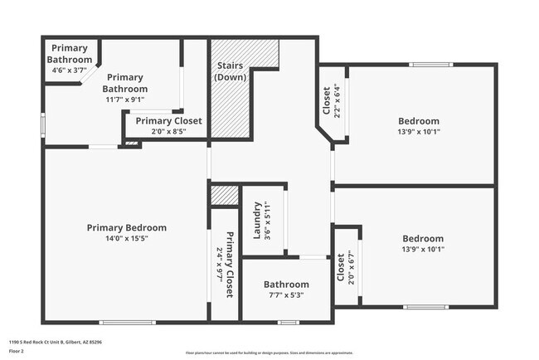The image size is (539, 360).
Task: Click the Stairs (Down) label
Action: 229,71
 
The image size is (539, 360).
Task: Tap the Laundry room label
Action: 258,220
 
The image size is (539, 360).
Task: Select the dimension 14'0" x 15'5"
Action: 127,239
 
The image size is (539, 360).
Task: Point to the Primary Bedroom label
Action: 127,227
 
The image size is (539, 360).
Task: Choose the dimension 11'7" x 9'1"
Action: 125,100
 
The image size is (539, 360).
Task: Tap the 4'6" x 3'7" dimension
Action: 67,71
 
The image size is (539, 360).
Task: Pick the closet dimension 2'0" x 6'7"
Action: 352,268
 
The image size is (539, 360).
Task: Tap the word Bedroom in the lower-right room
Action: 423,238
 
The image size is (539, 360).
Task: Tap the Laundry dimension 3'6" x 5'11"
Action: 269,220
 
